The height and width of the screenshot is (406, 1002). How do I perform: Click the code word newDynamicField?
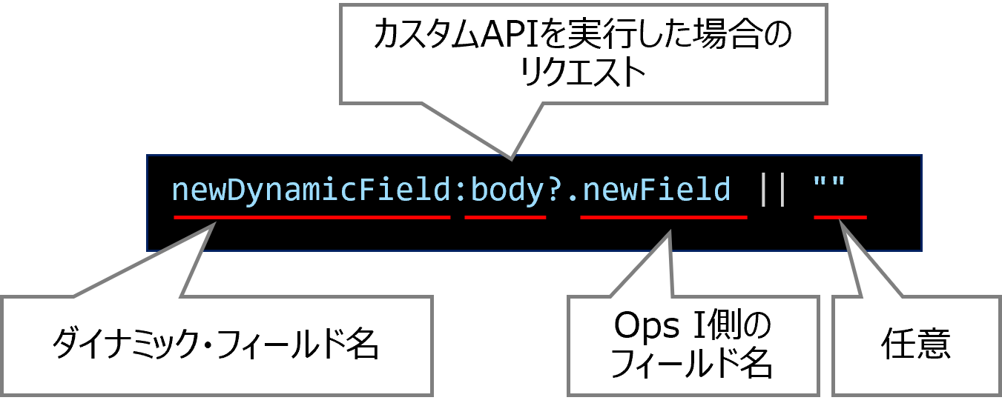(312, 190)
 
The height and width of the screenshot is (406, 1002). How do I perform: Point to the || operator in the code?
(772, 190)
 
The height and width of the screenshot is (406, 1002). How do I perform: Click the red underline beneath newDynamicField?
(312, 217)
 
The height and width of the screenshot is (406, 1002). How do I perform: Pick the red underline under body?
(505, 217)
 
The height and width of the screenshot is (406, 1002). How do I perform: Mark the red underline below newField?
(663, 217)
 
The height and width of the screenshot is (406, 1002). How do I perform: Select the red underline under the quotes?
(840, 217)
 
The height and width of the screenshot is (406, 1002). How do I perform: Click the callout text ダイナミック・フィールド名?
(216, 345)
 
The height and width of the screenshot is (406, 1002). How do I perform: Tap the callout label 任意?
(915, 345)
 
